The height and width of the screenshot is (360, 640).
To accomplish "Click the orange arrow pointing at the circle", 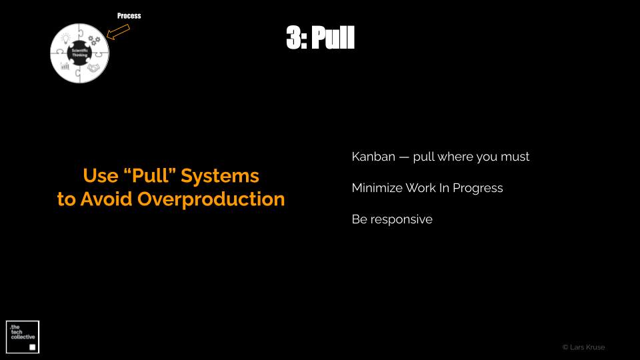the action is tap(118, 32).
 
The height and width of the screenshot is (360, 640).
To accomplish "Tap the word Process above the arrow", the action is tap(129, 16).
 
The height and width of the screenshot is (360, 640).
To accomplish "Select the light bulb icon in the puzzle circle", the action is tap(66, 39).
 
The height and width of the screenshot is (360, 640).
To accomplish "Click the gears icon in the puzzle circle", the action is tap(94, 40).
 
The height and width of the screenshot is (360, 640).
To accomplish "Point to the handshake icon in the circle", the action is tap(93, 68).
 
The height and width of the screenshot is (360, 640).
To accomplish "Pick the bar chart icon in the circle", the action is tap(65, 66).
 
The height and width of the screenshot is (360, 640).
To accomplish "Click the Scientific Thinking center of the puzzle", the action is tap(79, 53).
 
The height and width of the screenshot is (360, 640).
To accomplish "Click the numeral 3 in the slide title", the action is tap(294, 37).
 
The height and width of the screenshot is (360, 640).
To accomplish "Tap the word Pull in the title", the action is tap(333, 37).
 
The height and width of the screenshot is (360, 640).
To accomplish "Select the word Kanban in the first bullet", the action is tap(373, 157).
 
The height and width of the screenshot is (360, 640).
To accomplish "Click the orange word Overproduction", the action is tap(211, 199).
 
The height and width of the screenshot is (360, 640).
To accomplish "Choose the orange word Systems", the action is tap(220, 176).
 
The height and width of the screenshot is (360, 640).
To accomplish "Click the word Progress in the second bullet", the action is tap(478, 189).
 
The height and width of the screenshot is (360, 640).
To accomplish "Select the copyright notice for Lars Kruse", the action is tap(584, 347).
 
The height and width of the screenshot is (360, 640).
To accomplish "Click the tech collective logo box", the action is tap(23, 337).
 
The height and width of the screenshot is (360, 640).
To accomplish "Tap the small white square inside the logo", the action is tap(33, 347).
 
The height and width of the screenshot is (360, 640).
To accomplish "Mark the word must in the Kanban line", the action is tap(515, 157).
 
